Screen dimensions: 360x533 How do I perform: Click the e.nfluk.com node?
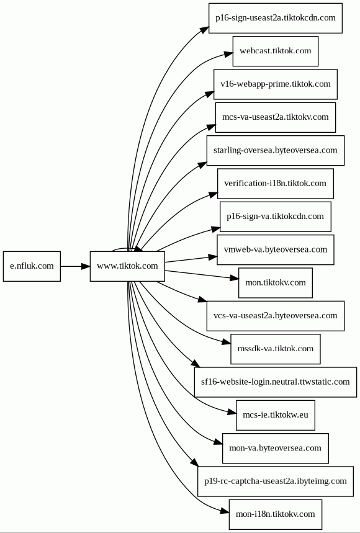(x=32, y=266)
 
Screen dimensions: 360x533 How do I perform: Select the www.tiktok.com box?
(x=127, y=266)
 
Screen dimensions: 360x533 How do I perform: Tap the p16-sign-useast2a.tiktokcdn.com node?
(x=276, y=18)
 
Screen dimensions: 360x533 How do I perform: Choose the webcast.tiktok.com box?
(x=276, y=51)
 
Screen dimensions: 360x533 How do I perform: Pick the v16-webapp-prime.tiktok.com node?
(x=276, y=84)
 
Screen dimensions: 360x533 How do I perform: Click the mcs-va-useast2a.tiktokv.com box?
(x=276, y=117)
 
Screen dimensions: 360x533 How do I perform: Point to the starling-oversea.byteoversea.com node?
(x=276, y=150)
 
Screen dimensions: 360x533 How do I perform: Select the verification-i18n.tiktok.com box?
(x=276, y=184)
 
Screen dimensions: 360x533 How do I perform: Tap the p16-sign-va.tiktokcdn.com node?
(x=276, y=217)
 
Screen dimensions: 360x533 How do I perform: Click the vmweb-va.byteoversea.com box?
(x=276, y=249)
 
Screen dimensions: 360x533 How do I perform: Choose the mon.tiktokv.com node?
(x=276, y=283)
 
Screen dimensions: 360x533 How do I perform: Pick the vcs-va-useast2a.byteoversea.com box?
(x=276, y=316)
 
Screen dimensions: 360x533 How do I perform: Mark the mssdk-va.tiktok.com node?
(x=276, y=349)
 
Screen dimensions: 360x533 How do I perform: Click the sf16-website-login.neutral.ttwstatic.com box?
(x=276, y=382)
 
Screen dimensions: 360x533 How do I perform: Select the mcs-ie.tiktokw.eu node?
(x=276, y=415)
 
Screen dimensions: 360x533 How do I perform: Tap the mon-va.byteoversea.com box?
(x=276, y=448)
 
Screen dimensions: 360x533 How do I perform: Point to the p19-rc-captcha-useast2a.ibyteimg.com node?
(x=276, y=481)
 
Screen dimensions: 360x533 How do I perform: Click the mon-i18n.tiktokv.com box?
(x=276, y=514)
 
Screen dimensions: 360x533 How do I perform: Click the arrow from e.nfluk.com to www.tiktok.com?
(x=75, y=266)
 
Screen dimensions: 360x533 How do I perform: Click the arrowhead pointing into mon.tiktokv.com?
(x=235, y=278)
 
